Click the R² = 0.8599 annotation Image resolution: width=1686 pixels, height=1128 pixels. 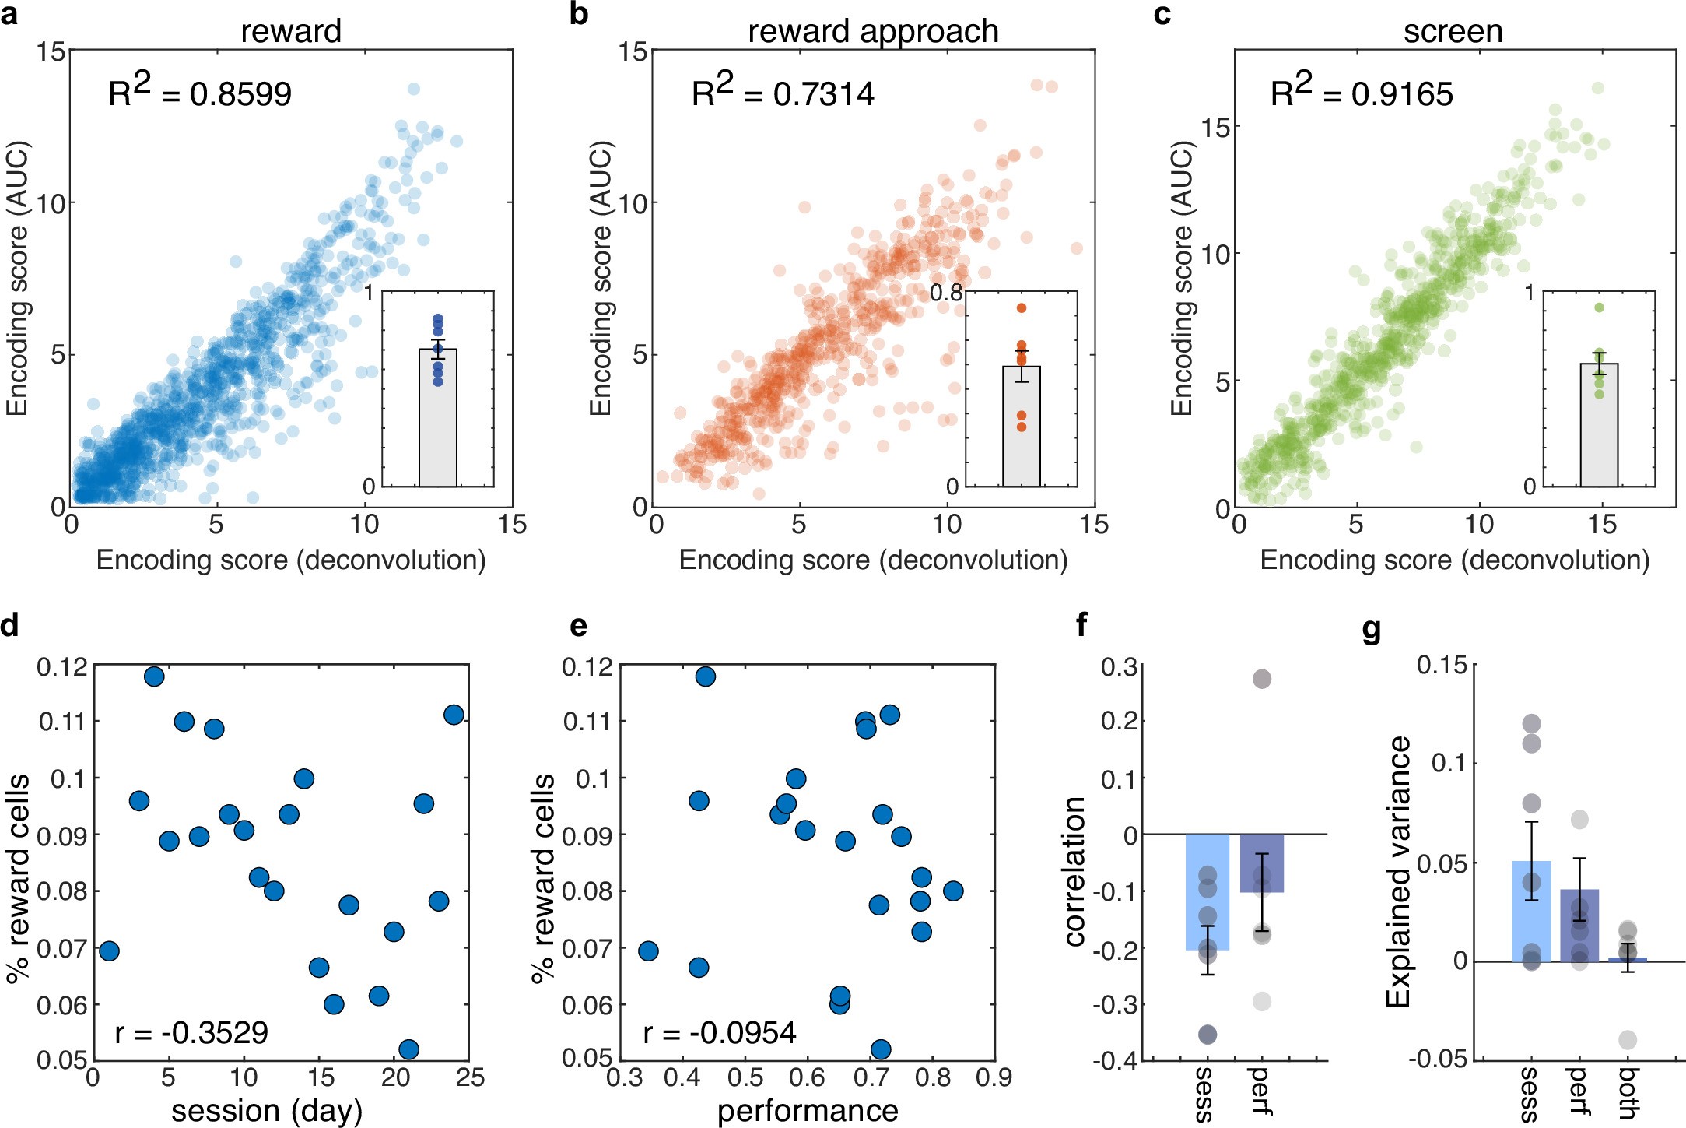pos(199,93)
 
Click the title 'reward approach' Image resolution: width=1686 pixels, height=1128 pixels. pos(873,31)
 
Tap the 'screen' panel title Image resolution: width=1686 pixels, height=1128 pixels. pos(1453,31)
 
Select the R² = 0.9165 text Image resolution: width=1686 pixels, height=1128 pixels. pos(1362,93)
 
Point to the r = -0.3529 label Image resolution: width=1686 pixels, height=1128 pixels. pos(191,1032)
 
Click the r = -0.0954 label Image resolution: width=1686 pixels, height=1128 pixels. pos(720,1032)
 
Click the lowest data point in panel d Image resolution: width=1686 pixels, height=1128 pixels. pos(408,1049)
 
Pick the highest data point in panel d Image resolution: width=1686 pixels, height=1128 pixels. pos(154,676)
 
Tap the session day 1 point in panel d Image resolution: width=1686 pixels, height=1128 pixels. pos(109,951)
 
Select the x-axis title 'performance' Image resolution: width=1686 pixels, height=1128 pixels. pos(808,1111)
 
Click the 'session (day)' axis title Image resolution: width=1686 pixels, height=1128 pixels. pos(267,1111)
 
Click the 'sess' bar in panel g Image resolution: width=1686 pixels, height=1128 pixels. pos(1531,911)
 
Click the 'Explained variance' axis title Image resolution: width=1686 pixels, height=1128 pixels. pos(1398,872)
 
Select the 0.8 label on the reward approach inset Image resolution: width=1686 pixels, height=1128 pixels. pos(946,293)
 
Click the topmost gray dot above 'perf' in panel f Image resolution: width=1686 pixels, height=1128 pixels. pos(1261,679)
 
